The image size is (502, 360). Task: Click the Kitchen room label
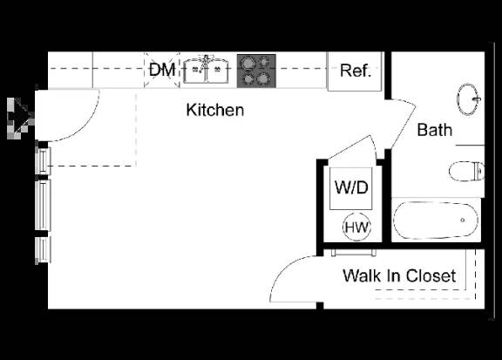pos(214,110)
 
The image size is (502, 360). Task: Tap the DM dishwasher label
pos(162,70)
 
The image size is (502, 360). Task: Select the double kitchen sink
pos(206,70)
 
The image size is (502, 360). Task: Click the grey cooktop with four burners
pos(256,71)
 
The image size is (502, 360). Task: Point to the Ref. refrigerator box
pos(355,71)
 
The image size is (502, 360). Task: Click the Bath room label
pos(435,130)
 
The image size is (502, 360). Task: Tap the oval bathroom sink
pos(468,99)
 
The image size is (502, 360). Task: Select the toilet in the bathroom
pos(466,172)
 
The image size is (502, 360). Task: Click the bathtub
pos(436,221)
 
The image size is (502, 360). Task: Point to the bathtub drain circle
pos(462,220)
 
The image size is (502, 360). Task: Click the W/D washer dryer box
pos(351,188)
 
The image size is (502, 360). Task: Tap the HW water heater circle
pos(356,227)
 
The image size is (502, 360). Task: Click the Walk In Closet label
pos(399,275)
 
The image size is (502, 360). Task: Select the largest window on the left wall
pos(43,205)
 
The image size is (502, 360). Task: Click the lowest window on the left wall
pos(43,250)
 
